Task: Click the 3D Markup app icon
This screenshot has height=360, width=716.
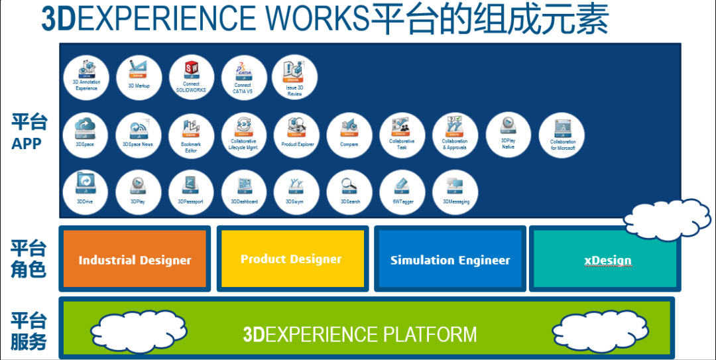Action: pos(139,78)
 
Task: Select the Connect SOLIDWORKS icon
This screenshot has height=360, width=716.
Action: pos(192,78)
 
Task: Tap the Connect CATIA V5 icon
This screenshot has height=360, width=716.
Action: pos(243,78)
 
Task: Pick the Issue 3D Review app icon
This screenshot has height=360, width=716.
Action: pos(295,78)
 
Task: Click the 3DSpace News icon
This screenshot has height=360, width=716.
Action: pos(139,135)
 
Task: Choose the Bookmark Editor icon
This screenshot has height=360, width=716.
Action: pos(192,135)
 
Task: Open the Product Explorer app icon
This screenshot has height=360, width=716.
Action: pos(297,135)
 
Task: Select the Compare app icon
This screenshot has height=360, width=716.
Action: pos(349,135)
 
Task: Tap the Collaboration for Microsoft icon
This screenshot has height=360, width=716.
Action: pos(562,135)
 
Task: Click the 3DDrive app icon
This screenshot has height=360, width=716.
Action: pos(86,192)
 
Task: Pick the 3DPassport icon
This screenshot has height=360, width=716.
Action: pos(191,192)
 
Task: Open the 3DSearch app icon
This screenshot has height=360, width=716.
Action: pos(350,192)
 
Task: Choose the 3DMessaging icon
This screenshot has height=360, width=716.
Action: pos(455,192)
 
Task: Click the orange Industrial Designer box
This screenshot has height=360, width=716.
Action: pos(135,259)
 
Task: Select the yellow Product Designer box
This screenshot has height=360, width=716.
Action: pos(291,259)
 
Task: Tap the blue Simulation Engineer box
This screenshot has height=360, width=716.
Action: pos(450,259)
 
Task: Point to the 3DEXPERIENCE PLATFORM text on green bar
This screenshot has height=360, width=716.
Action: pos(360,334)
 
